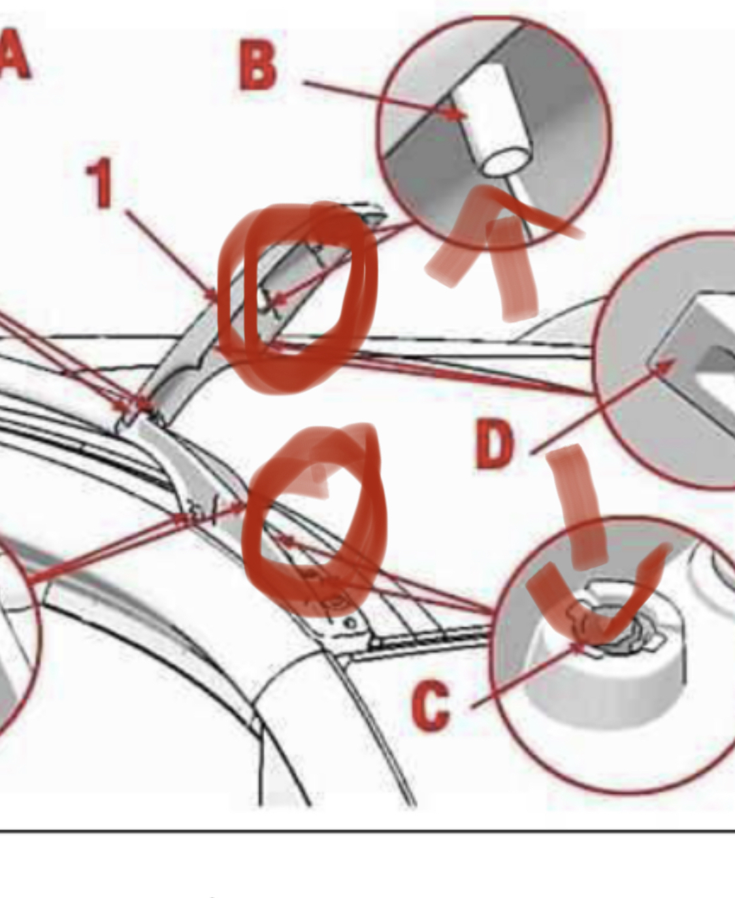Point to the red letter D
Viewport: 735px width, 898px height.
(x=495, y=443)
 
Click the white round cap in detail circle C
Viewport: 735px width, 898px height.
(x=604, y=673)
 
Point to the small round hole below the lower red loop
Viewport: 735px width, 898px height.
(x=350, y=624)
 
